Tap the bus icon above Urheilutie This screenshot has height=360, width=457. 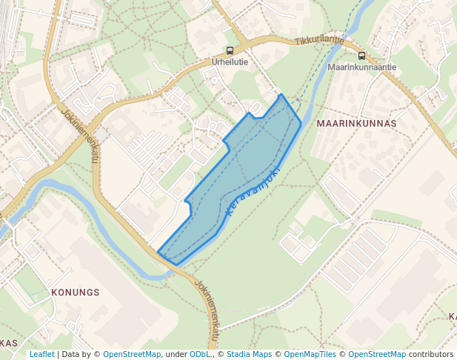230,51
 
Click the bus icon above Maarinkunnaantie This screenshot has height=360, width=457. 361,56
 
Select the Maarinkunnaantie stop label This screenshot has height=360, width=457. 361,67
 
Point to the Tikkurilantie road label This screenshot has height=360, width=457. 318,41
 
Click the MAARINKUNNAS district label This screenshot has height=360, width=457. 356,123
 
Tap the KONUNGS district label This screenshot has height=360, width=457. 75,293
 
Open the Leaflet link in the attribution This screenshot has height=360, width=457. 41,354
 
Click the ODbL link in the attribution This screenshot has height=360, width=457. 199,354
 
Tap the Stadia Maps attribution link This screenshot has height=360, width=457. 249,354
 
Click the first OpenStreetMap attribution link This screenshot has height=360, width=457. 131,354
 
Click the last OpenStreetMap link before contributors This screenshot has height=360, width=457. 377,354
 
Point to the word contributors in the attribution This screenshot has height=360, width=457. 431,354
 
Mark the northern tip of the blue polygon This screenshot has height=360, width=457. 280,95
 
